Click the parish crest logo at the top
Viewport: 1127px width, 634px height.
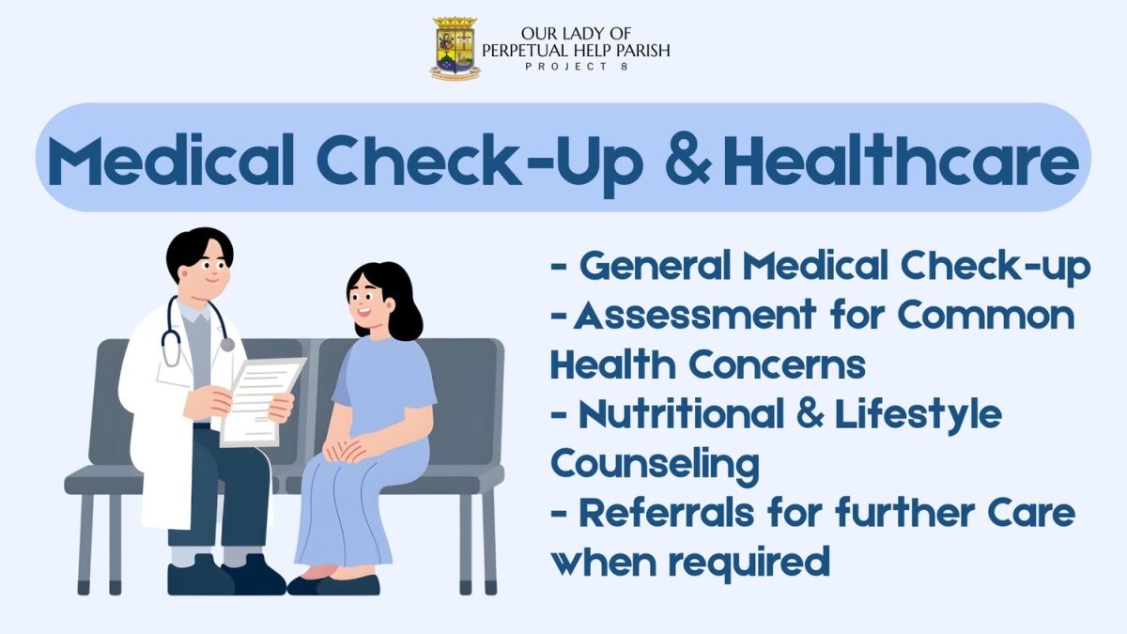point(455,48)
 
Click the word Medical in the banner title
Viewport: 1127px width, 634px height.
point(171,160)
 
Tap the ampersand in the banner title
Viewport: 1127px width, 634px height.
point(687,160)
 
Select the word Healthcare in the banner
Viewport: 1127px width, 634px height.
point(901,160)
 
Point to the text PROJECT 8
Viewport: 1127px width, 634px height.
point(577,67)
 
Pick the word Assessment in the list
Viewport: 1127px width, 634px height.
point(694,314)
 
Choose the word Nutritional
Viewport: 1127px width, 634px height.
point(681,413)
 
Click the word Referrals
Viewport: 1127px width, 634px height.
point(667,513)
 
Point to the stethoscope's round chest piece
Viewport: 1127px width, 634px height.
point(227,345)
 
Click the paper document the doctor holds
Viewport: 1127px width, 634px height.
point(263,402)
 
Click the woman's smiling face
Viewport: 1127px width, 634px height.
point(368,302)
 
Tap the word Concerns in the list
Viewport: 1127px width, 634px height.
point(777,364)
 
